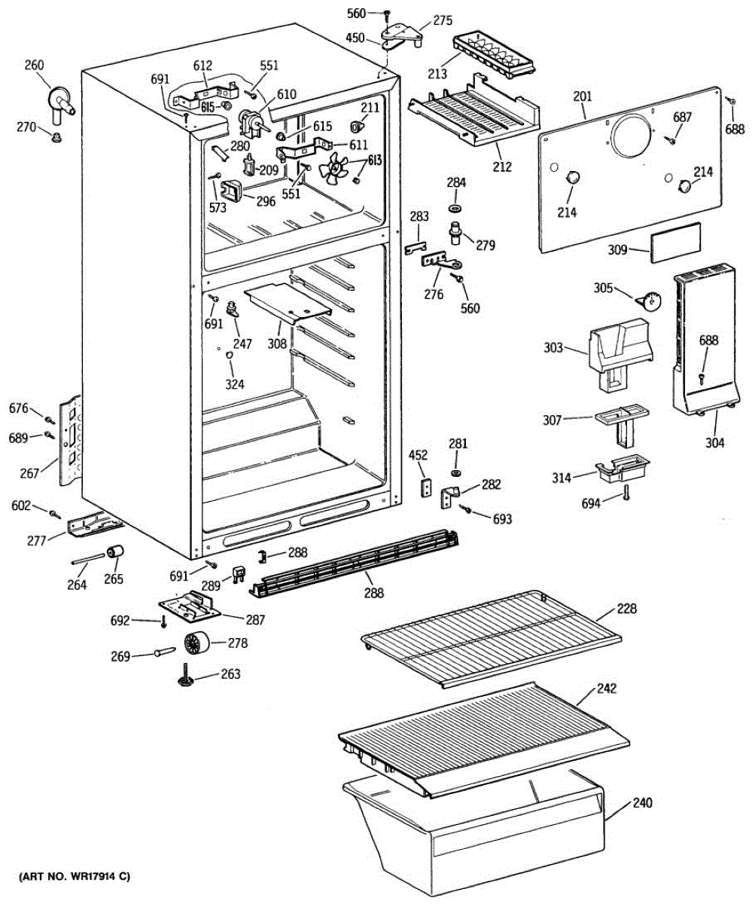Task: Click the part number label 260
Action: coord(34,64)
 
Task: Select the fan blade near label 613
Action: coord(332,170)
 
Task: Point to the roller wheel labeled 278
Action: coord(195,644)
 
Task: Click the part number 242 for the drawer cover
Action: coord(607,688)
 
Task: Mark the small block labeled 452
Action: coord(424,487)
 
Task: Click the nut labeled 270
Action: coord(55,136)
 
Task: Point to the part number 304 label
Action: coord(714,443)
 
